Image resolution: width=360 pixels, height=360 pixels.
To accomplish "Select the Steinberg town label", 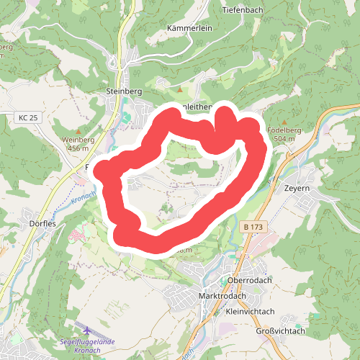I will click(x=123, y=92).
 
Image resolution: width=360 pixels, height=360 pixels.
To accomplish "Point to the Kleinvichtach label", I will click(x=250, y=312).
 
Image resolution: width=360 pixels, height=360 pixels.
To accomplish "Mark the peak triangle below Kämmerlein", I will click(x=180, y=90).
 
